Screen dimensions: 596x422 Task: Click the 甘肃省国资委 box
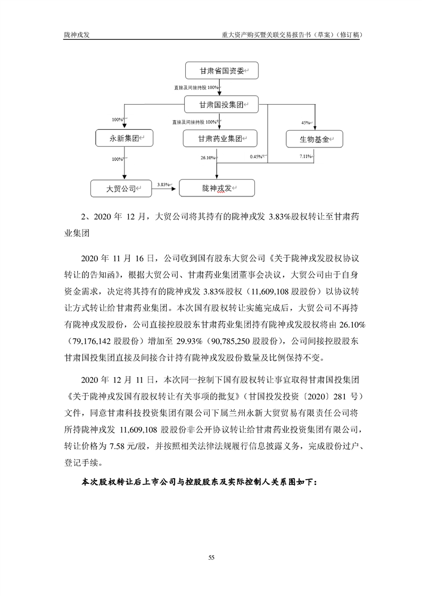click(221, 70)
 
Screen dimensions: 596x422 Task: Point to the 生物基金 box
click(314, 139)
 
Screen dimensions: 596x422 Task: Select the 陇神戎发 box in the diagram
click(217, 188)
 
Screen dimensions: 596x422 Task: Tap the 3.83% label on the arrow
click(162, 184)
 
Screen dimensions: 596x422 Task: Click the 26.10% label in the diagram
click(208, 158)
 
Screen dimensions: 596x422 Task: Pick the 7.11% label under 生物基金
click(305, 157)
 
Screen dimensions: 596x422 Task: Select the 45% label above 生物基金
click(305, 123)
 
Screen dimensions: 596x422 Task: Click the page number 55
click(211, 557)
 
